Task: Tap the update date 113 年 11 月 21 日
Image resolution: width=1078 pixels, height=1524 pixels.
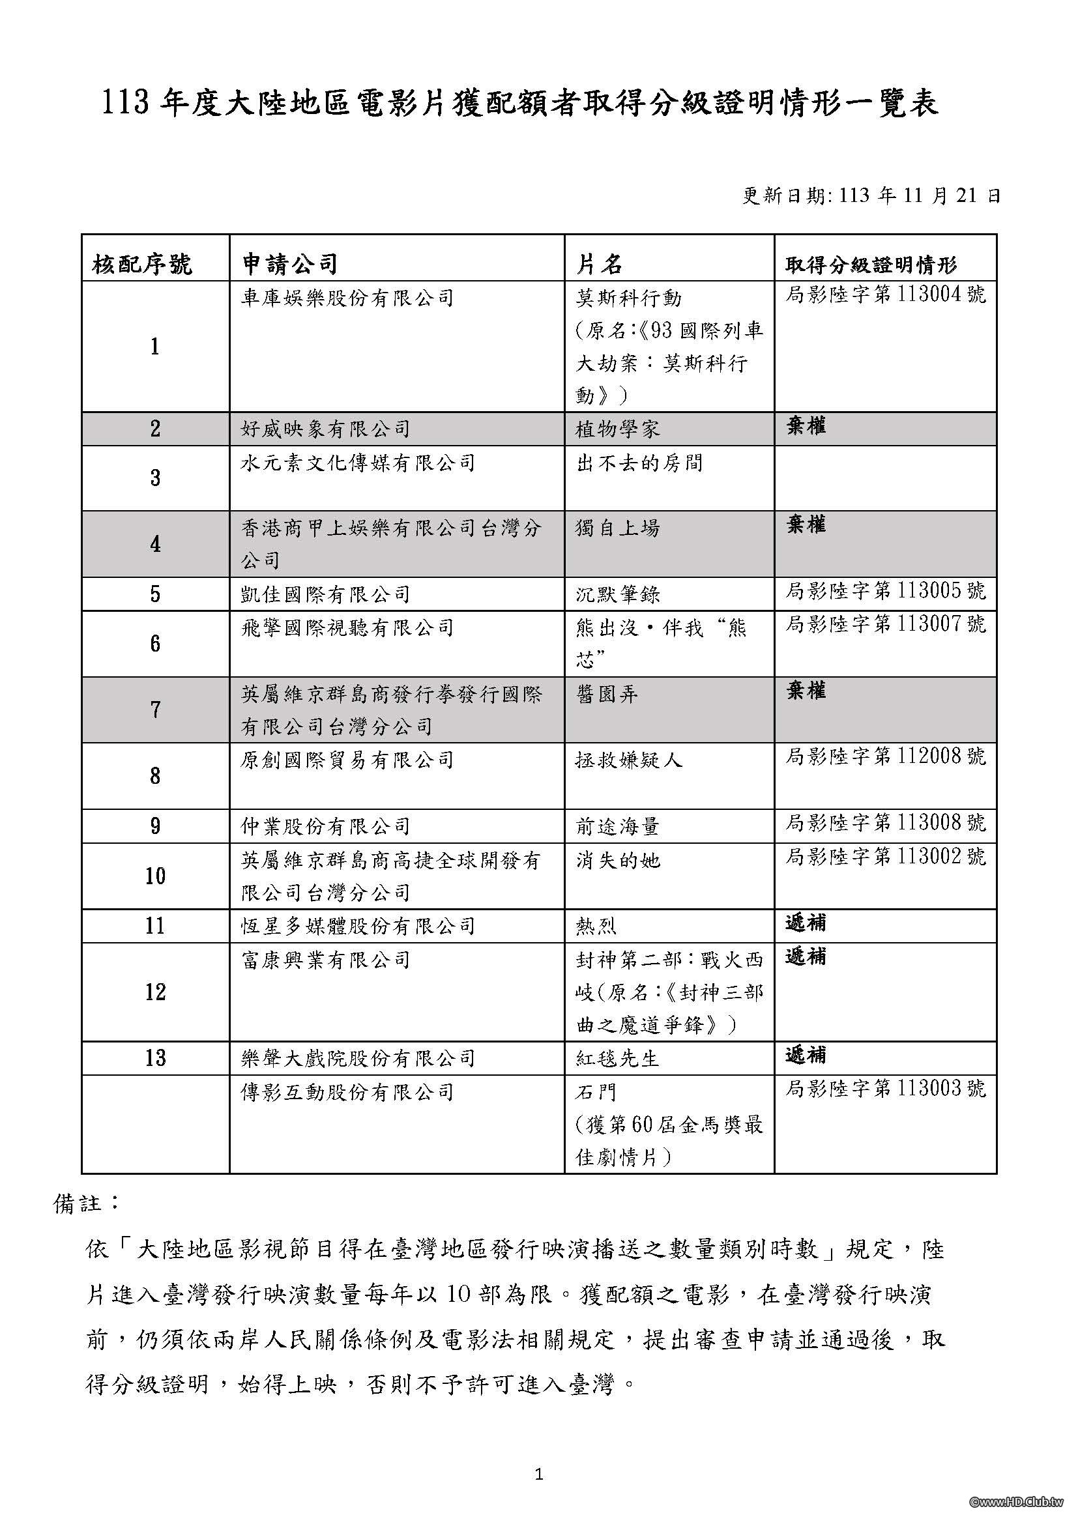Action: pos(870,196)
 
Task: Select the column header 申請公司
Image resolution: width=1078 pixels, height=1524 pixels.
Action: pos(289,264)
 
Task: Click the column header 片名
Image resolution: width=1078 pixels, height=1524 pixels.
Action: pos(599,264)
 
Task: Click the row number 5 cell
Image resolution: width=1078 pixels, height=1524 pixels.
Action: pos(155,594)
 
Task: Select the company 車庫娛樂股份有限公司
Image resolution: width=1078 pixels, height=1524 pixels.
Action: pos(347,297)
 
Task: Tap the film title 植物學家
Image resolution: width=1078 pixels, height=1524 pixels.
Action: pos(618,429)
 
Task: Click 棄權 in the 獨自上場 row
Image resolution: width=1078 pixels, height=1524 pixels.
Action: pos(806,525)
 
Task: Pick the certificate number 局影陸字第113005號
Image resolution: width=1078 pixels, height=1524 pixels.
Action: pos(886,591)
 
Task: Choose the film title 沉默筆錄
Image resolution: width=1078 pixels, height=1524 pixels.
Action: pos(618,594)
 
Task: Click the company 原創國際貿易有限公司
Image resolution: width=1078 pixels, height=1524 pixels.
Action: pos(347,759)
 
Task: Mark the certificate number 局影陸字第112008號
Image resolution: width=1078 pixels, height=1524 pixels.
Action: pos(886,756)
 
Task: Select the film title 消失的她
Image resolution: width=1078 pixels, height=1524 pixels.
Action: pos(618,860)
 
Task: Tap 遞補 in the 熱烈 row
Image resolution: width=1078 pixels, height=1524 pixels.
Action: pos(806,923)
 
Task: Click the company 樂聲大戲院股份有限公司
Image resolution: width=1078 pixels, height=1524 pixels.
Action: pos(358,1058)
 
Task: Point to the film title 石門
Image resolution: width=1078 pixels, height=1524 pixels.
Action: pos(597,1092)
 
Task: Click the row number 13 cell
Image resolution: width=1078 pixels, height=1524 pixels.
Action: pos(155,1058)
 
